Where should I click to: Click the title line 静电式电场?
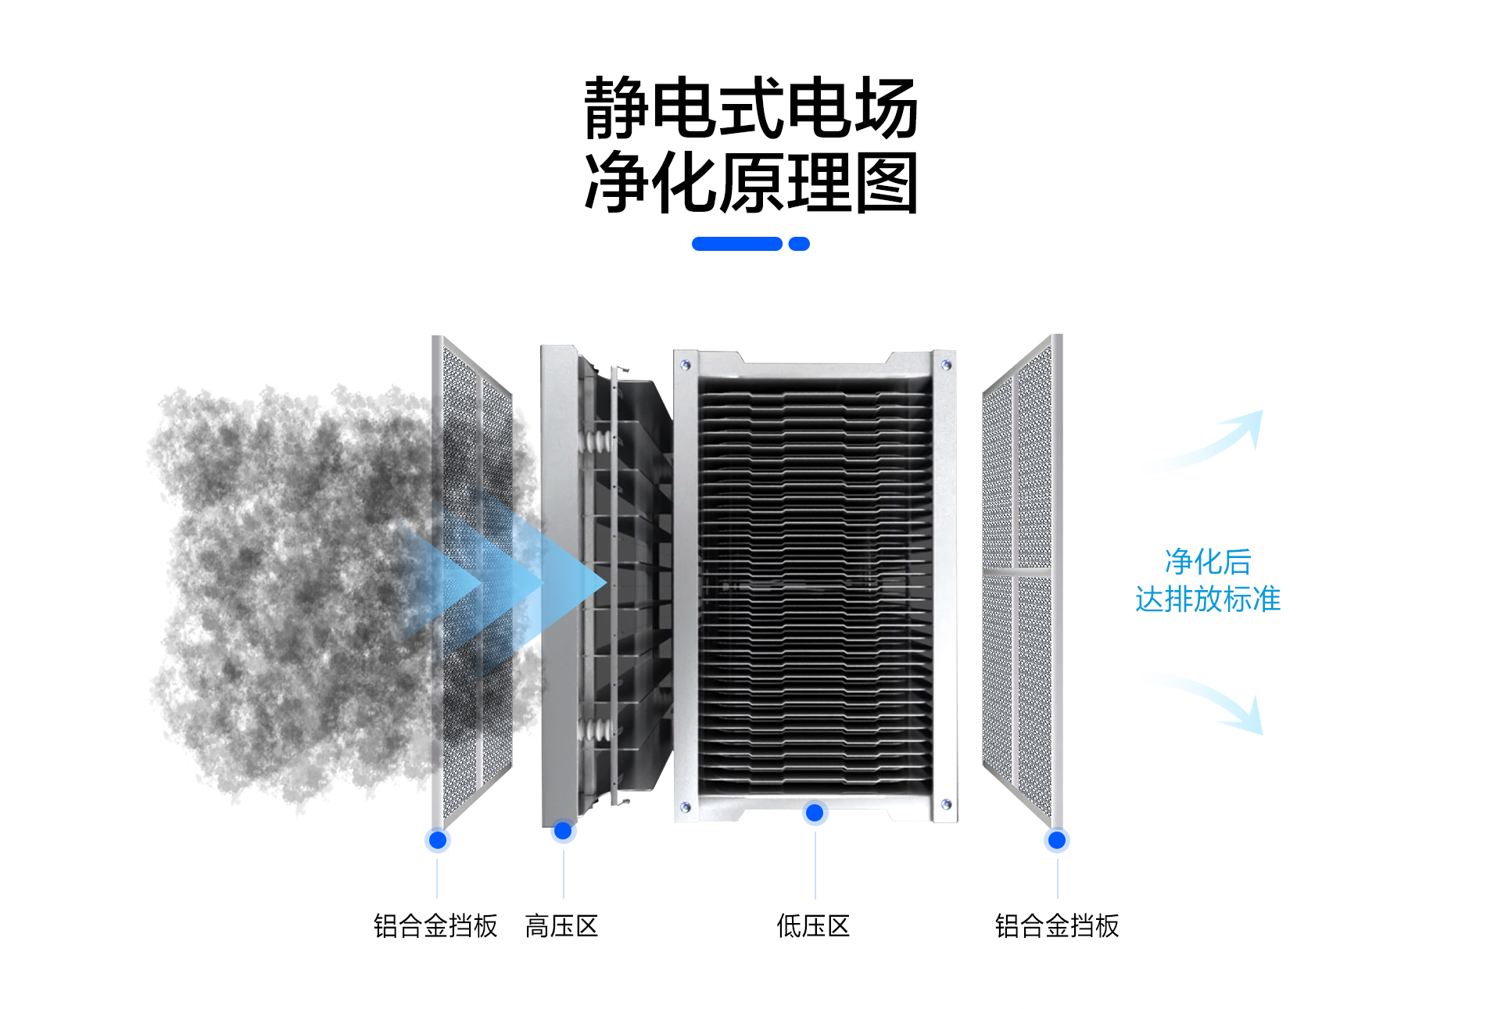tap(750, 108)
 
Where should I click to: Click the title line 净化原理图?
tap(750, 184)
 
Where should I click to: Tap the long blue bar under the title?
tap(736, 244)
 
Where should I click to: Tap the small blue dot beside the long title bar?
tap(799, 244)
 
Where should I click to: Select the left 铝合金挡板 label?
tap(435, 926)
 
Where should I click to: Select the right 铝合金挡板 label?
tap(1057, 926)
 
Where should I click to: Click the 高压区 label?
tap(561, 926)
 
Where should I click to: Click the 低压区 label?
tap(813, 926)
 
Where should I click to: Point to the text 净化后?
tap(1208, 561)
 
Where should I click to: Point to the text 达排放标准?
tap(1208, 599)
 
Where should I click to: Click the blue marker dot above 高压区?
tap(563, 830)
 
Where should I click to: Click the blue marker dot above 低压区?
tap(814, 813)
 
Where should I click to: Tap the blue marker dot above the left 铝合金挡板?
tap(438, 840)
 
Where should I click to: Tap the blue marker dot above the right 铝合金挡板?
tap(1057, 840)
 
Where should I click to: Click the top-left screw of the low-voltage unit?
tap(686, 364)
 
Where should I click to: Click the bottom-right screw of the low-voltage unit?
tap(946, 804)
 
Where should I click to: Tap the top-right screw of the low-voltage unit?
tap(946, 364)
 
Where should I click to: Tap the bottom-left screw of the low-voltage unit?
tap(686, 807)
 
